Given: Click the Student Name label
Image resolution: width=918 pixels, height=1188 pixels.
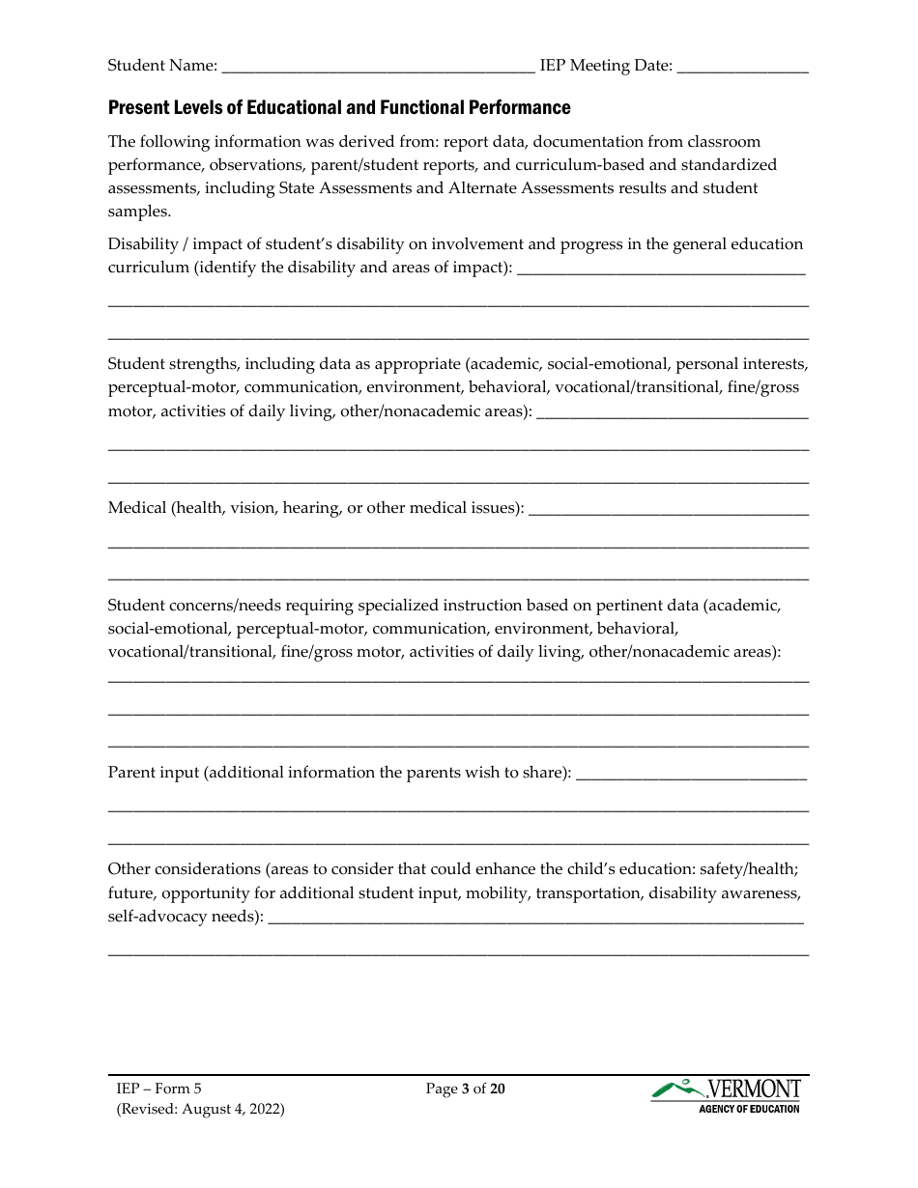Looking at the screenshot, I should (161, 66).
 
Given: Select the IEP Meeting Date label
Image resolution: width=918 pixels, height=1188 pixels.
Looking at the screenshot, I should (606, 66).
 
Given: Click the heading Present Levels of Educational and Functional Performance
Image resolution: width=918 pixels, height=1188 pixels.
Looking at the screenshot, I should (339, 107).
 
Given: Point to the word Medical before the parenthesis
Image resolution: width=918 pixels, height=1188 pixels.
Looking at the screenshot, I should (136, 507).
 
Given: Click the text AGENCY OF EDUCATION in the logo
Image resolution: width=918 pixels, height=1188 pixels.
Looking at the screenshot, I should (749, 1109).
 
